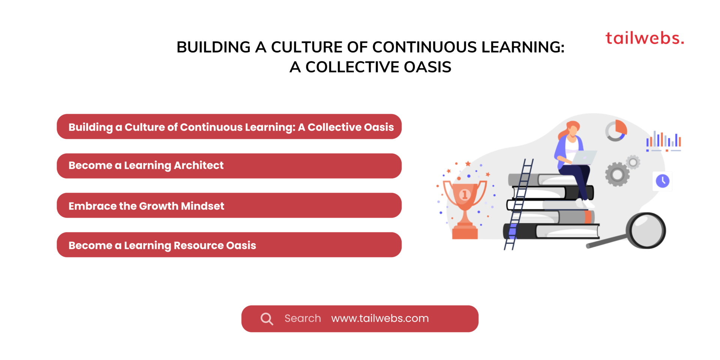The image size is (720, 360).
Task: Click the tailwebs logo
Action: (x=645, y=38)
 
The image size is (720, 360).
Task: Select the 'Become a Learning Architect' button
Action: (x=229, y=166)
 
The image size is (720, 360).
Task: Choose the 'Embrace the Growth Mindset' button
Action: (x=229, y=205)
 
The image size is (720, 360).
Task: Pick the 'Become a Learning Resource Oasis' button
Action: (x=229, y=245)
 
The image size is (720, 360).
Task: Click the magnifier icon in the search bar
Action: (x=267, y=319)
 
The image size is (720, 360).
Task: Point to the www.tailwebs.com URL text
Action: (x=380, y=318)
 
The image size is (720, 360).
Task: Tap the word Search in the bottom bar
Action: (x=303, y=318)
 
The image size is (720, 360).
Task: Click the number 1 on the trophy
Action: (x=465, y=195)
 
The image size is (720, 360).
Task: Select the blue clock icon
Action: (x=663, y=181)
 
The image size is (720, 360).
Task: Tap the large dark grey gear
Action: (x=617, y=174)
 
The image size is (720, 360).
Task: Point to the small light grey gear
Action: (x=633, y=162)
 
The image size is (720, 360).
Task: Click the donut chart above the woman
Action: (x=616, y=130)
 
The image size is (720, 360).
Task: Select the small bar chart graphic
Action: (x=663, y=141)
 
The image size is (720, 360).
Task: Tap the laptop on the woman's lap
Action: (x=583, y=157)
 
